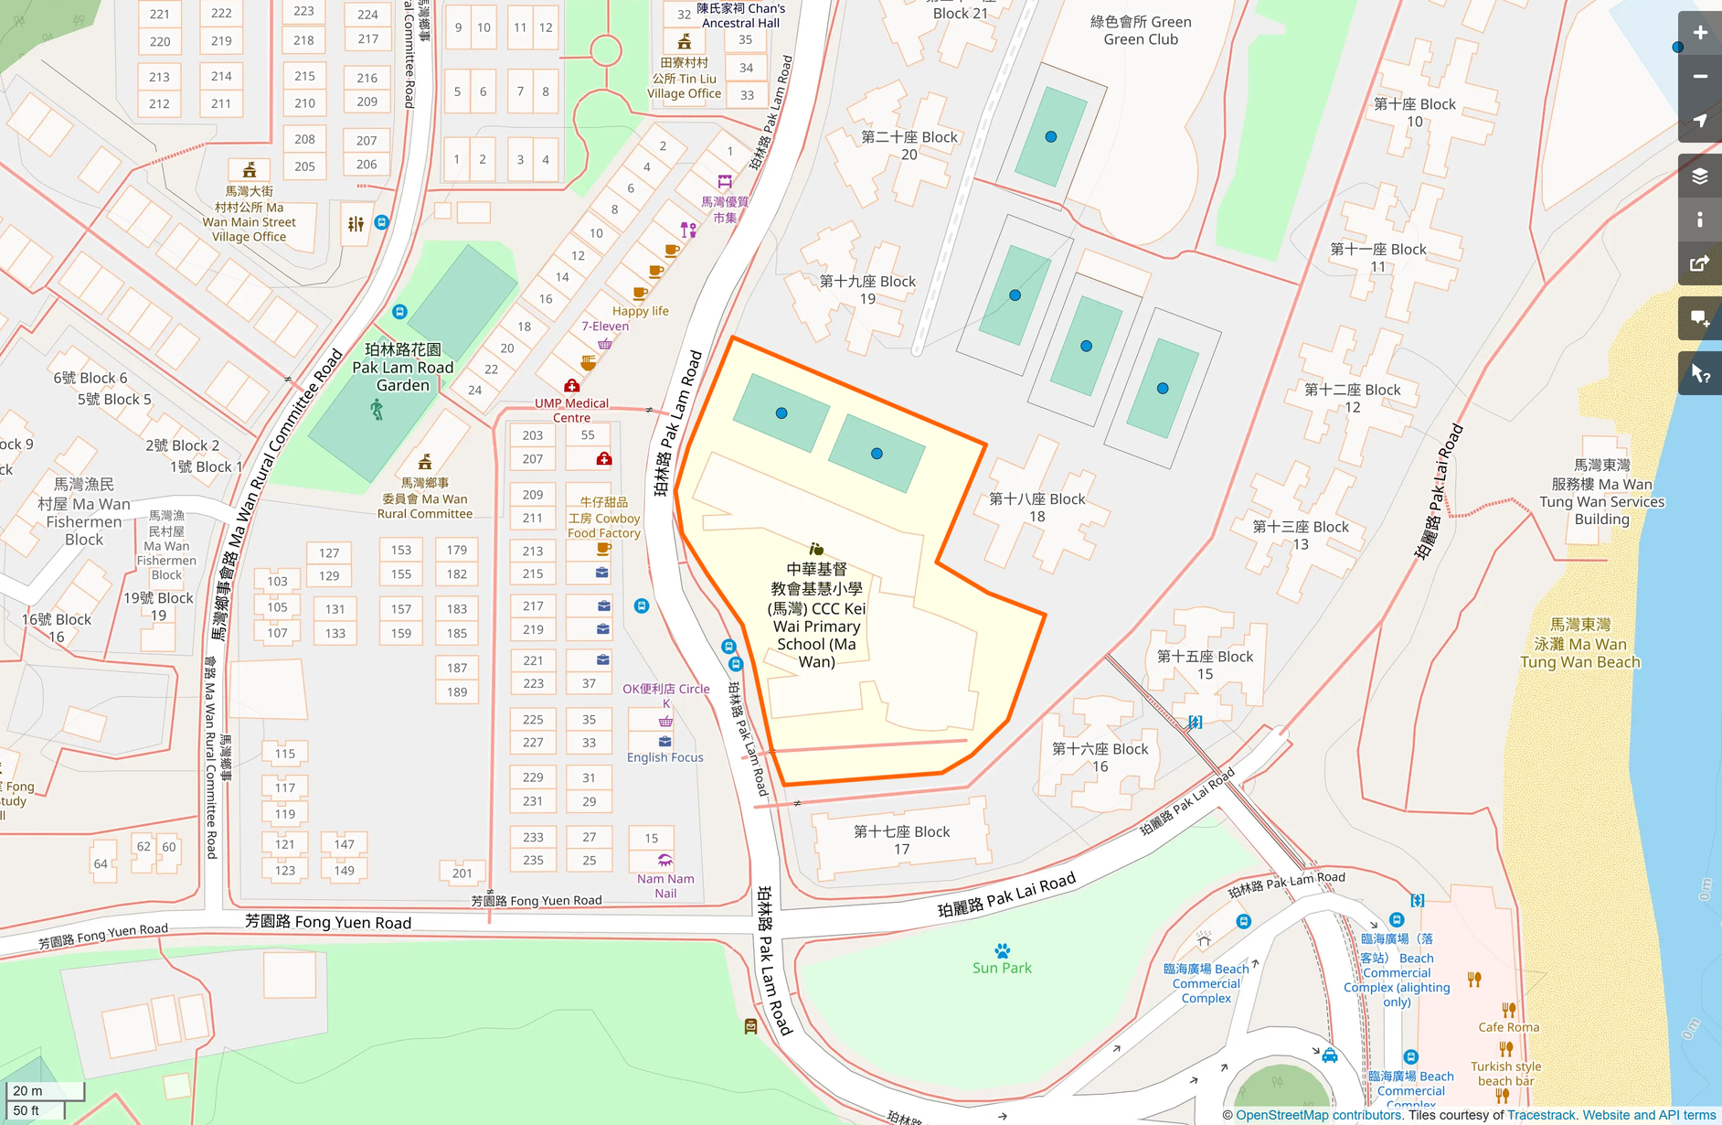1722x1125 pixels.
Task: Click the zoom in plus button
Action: coord(1699,33)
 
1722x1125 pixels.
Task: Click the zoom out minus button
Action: coord(1699,77)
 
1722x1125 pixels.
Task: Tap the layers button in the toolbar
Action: coord(1699,177)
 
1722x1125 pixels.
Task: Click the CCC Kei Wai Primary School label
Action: coord(816,616)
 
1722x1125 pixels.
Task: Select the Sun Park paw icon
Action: coord(1002,950)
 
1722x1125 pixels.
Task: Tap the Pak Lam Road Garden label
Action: coord(403,367)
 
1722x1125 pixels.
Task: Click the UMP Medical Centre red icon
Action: coord(571,386)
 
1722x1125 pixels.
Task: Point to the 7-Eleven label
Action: coord(605,326)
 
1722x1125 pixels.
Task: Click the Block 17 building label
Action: coord(901,840)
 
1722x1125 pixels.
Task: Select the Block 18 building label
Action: coord(1036,507)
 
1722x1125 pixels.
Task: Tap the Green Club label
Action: coord(1141,30)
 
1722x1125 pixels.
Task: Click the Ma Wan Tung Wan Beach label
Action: coord(1580,643)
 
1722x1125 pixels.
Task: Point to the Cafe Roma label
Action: coord(1508,1027)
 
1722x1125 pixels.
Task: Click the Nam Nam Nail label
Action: coord(665,885)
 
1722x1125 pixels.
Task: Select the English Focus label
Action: coord(664,757)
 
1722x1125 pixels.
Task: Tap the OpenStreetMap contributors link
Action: coord(1318,1115)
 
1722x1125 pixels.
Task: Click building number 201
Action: coord(462,873)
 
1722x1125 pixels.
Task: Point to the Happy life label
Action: coord(640,311)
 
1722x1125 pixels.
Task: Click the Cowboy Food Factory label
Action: coord(603,518)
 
